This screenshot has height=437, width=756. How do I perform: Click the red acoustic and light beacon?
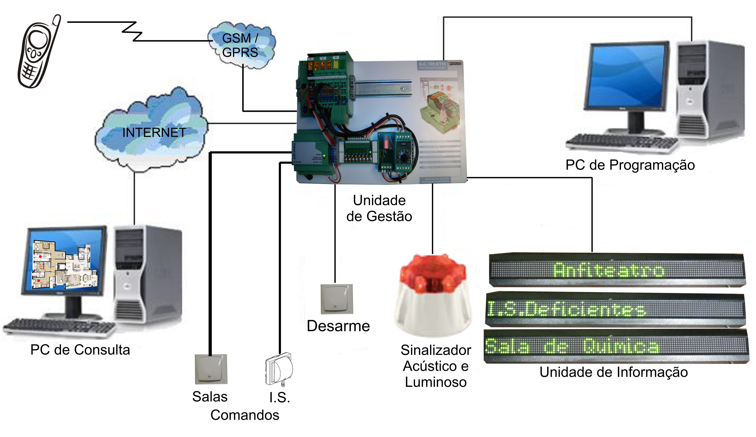coord(433,295)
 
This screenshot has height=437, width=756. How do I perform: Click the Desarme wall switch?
coord(337,299)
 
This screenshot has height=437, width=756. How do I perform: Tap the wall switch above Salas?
coord(211,369)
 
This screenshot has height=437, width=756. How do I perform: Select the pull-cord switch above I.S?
coord(279,369)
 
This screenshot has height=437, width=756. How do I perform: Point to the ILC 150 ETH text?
coord(432,64)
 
